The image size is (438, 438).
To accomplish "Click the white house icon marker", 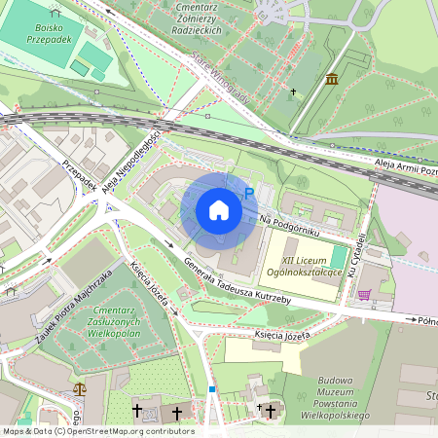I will tap(219, 210).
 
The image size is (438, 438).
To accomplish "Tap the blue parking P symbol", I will tap(248, 194).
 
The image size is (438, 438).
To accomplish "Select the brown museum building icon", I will tap(333, 79).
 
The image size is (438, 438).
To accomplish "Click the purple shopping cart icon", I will tap(364, 294).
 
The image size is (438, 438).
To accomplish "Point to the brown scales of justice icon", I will tap(79, 388).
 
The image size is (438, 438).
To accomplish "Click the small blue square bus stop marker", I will tap(211, 389).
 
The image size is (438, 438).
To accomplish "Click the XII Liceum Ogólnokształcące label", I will tap(311, 267).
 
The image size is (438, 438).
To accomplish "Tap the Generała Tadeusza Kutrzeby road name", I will tap(237, 282).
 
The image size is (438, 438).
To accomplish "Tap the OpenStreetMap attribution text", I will tap(97, 431).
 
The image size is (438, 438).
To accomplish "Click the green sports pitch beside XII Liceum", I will tap(338, 257).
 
